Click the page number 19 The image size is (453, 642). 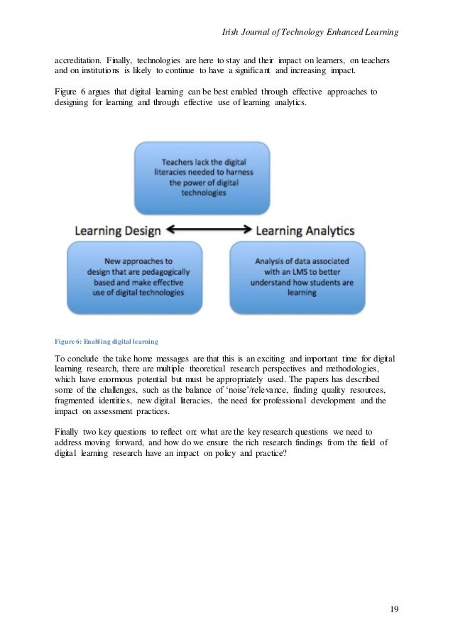point(394,609)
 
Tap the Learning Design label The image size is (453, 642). point(118,230)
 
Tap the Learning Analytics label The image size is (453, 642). point(305,230)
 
